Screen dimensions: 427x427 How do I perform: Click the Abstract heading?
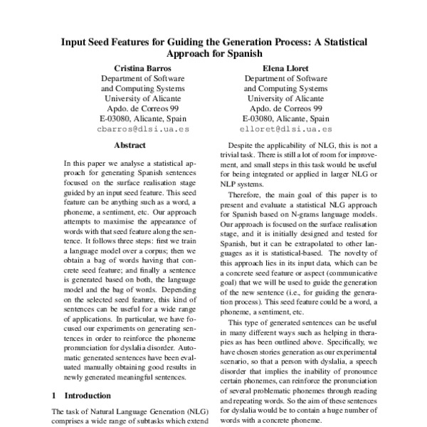point(130,146)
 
